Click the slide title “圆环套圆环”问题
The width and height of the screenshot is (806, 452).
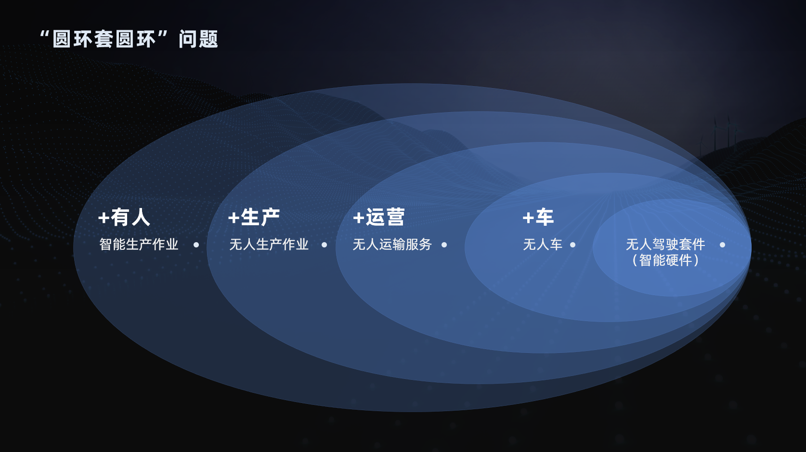[x=129, y=39]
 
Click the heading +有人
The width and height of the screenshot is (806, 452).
[x=124, y=218]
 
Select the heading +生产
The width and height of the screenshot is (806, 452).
[x=254, y=218]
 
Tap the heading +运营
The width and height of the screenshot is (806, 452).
[x=379, y=218]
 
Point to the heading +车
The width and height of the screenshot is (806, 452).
[x=538, y=218]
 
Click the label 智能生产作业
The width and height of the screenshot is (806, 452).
[x=139, y=245]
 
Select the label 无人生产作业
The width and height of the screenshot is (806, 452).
[x=269, y=245]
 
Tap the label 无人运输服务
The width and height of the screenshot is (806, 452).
[x=392, y=245]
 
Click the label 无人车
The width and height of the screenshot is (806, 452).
[x=543, y=245]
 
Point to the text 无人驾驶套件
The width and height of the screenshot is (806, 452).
[x=665, y=245]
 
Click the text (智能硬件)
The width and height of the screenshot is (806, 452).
[x=665, y=260]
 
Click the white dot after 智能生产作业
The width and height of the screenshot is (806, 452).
[x=196, y=245]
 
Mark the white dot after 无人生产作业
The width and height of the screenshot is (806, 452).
[x=324, y=245]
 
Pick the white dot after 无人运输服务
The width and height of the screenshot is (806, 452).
[x=444, y=245]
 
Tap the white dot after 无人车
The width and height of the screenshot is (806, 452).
[x=572, y=245]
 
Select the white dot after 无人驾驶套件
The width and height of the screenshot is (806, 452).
[x=722, y=245]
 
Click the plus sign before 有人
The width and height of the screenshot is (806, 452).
[x=104, y=218]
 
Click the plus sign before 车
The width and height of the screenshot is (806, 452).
[x=528, y=218]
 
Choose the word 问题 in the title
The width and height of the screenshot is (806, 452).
[x=198, y=39]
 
